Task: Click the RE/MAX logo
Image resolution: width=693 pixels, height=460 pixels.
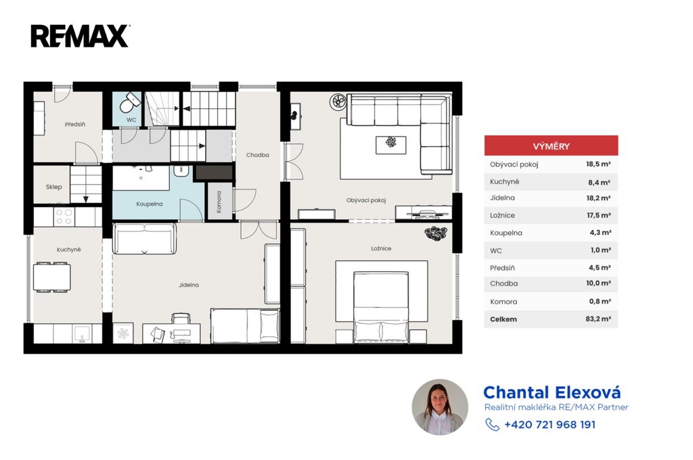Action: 80,37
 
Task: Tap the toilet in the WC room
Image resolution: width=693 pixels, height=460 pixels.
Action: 129,102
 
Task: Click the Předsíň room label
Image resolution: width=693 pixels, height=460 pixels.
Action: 75,124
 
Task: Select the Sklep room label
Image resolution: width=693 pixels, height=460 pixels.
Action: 53,187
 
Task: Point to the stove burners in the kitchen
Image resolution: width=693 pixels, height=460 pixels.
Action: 64,216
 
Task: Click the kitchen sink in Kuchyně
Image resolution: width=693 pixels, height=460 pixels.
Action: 82,334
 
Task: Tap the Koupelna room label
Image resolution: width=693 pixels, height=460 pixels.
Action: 150,204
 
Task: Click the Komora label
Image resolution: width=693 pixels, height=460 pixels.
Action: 219,202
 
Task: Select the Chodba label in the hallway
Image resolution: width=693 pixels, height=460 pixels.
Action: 258,155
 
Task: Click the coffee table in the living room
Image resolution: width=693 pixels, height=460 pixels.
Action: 390,145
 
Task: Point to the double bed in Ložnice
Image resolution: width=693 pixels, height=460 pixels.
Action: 381,306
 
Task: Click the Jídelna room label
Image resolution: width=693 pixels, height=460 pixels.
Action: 189,285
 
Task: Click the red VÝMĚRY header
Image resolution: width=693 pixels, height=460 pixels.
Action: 551,146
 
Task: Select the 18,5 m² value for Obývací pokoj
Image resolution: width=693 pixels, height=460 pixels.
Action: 598,164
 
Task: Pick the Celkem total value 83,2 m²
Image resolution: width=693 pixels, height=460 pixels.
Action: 598,319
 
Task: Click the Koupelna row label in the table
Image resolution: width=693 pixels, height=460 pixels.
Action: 506,233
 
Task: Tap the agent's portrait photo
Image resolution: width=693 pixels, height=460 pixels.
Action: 440,407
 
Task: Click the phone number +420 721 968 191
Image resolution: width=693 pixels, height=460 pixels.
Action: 550,425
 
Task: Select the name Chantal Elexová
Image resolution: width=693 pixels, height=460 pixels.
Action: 552,392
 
